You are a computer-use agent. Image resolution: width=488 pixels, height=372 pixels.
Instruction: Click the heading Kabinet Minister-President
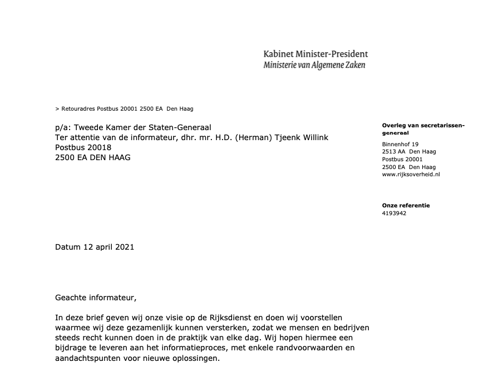coord(316,54)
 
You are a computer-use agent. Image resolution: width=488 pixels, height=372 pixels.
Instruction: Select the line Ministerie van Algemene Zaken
coord(314,65)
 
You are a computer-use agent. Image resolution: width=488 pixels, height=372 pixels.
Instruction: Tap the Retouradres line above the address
coord(125,109)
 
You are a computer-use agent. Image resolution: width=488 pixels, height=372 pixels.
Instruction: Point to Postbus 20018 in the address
coord(83,147)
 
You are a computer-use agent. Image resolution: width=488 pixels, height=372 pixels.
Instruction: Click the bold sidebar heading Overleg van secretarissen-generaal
coord(423,129)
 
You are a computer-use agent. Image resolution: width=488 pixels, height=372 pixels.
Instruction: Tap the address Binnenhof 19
coord(401,145)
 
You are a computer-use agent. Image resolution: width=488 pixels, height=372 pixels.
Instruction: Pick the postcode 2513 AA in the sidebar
coord(394,152)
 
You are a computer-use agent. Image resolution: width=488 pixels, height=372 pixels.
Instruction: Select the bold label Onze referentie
coord(406,205)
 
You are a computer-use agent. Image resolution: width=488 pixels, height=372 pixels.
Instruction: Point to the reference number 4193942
coord(395,213)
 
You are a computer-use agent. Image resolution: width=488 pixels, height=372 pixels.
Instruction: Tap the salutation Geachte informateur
coord(95,297)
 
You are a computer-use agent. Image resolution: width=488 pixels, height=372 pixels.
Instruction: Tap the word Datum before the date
coord(68,247)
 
